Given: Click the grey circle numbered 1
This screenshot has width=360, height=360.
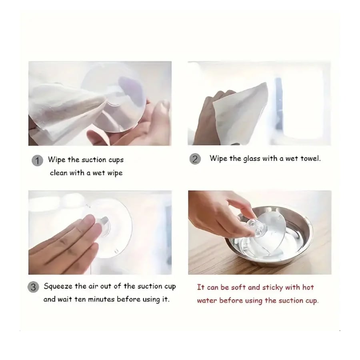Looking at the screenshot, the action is click(37, 160).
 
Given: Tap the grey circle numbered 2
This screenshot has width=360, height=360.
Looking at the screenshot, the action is click(195, 159).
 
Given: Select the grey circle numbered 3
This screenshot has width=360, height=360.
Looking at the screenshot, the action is click(33, 287).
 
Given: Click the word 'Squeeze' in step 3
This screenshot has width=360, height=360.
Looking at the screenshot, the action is click(58, 287).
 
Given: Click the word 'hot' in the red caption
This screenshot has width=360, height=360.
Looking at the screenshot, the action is click(308, 287).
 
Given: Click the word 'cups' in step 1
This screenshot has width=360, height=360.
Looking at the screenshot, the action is click(116, 160).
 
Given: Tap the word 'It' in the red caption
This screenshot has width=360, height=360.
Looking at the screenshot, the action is click(201, 287).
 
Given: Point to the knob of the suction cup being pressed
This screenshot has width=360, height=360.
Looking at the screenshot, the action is click(104, 226).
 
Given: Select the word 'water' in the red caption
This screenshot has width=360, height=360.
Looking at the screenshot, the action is click(207, 300).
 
